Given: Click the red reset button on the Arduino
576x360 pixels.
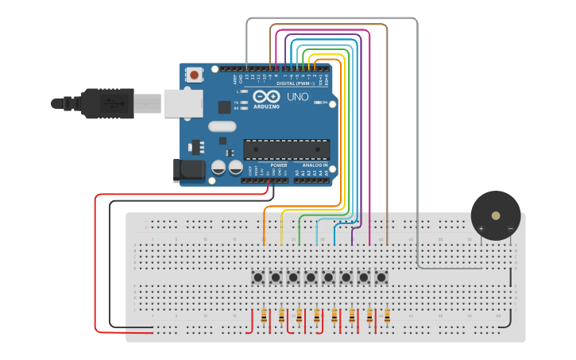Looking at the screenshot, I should pos(194,75).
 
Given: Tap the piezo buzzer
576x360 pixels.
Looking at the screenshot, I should pos(496,215).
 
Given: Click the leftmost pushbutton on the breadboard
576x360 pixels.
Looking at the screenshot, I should pos(258,277).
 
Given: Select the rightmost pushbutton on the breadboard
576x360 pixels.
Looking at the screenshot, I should pos(381,277).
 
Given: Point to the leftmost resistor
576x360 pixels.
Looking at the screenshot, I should pos(264,316).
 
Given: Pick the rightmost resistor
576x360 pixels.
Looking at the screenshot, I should pos(387,316).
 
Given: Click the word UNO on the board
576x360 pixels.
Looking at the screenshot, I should pos(297,97).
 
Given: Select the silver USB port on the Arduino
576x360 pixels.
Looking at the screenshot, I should pos(181,103).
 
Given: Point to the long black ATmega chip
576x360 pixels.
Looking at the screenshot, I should pos(286,149).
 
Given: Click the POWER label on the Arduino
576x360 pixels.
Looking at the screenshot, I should pos(278,165).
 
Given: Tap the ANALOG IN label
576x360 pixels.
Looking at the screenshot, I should pos(315,165).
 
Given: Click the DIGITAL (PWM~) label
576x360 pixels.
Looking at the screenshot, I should pos(294,83).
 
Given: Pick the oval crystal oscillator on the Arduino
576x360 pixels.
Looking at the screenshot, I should pos(222,126).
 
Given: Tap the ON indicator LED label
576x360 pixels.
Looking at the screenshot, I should pos(326,103).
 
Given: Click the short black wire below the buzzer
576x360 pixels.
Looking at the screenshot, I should pos(510,277).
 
